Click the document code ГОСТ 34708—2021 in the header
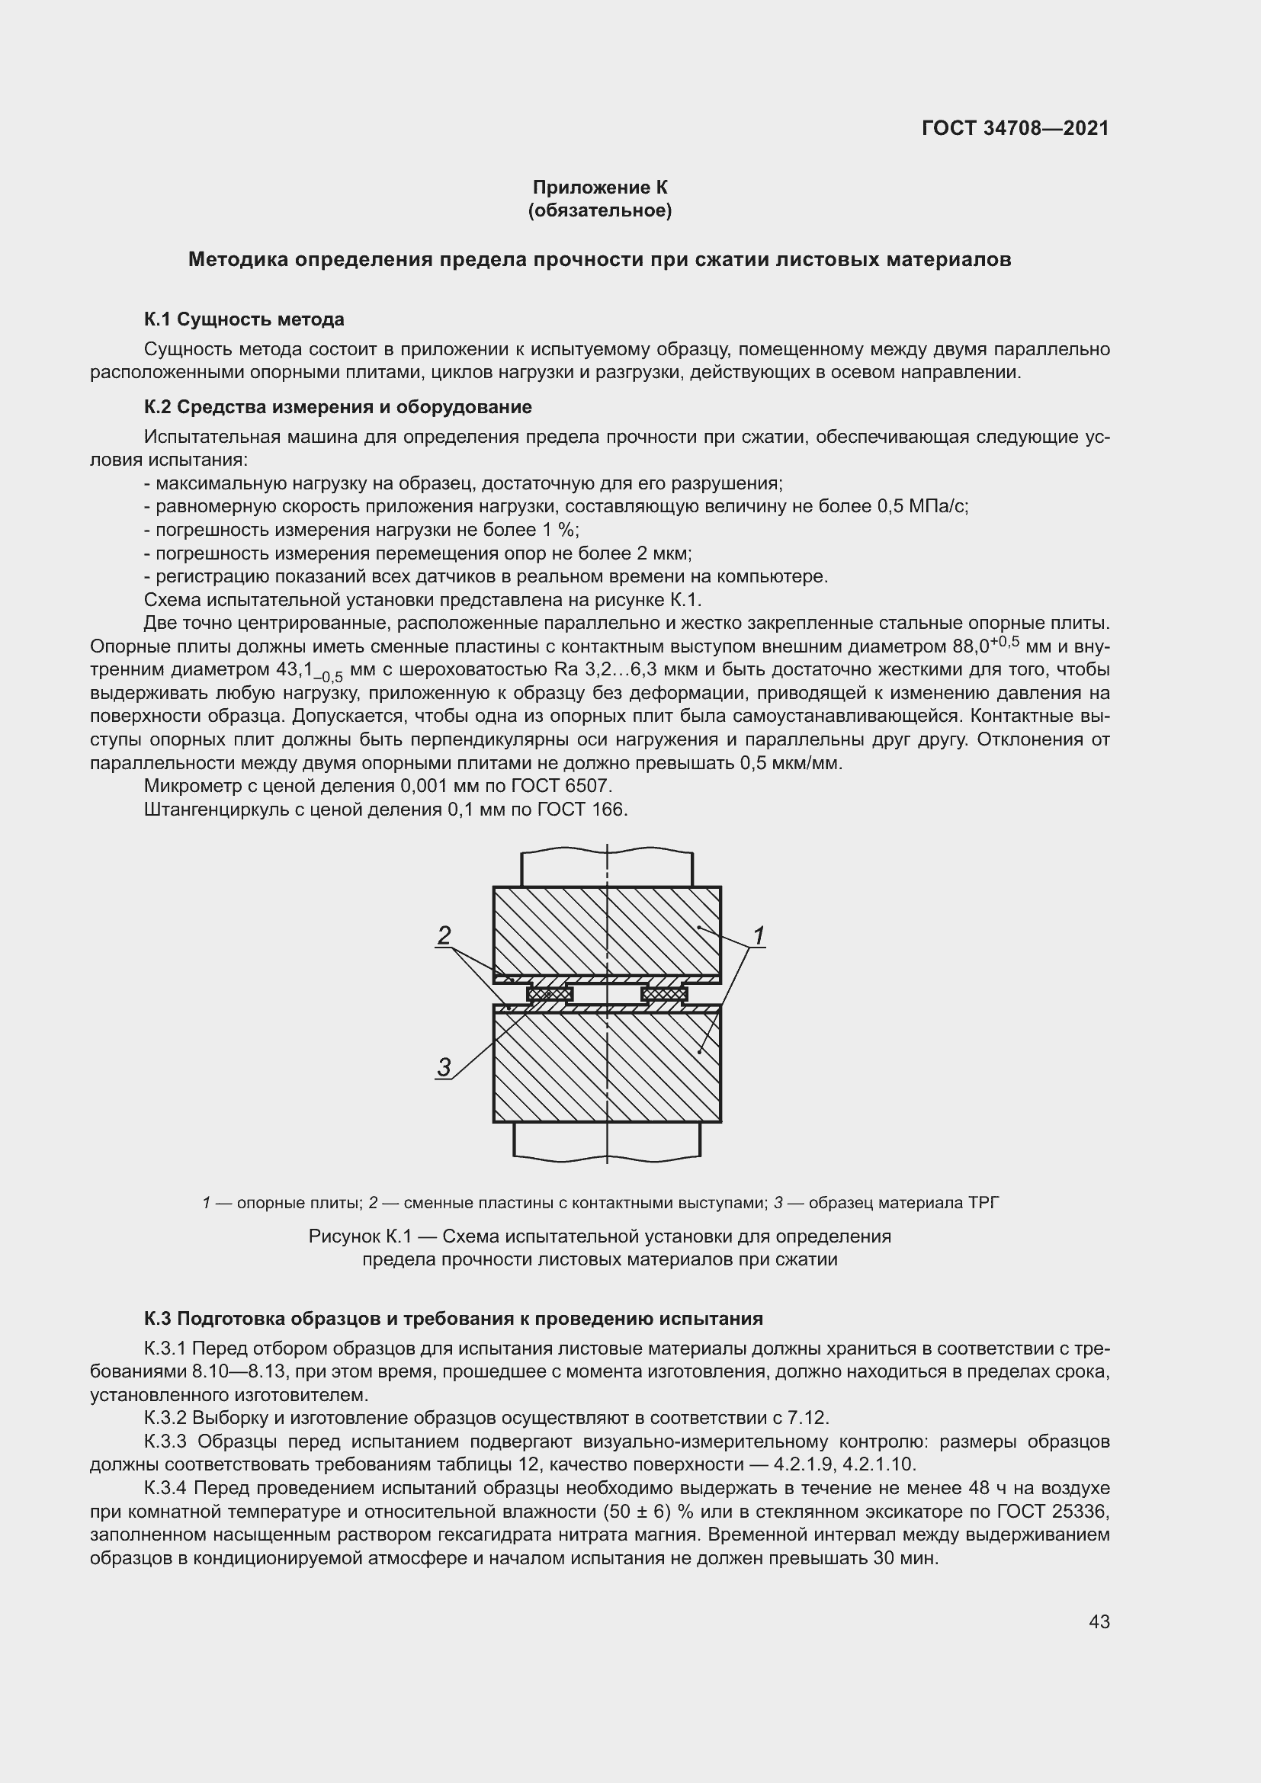click(1015, 128)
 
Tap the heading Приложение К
click(599, 188)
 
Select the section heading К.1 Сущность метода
click(244, 319)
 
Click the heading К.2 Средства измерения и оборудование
click(338, 407)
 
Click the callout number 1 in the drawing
click(759, 937)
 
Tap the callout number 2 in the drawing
click(444, 935)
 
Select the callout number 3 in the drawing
click(444, 1067)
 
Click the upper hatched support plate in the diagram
click(606, 930)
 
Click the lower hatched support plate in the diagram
click(606, 1068)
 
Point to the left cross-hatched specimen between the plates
click(550, 993)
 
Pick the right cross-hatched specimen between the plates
click(665, 993)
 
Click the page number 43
click(1099, 1621)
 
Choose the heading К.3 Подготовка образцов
click(454, 1319)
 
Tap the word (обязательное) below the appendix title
click(599, 210)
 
